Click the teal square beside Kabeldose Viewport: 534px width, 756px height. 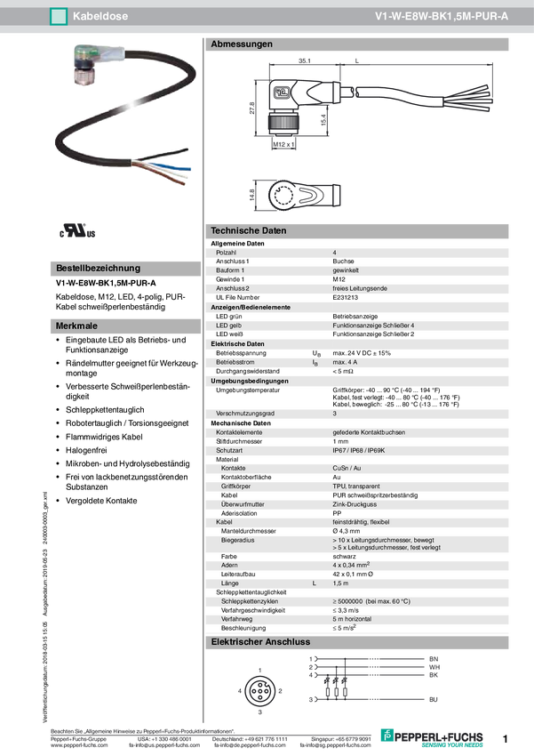[60, 16]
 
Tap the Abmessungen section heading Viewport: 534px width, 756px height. [241, 44]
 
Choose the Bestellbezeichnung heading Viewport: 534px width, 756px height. [98, 268]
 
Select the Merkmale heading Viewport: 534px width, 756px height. [76, 326]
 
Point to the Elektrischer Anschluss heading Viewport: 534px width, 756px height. [259, 641]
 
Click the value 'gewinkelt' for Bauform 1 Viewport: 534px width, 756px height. [346, 269]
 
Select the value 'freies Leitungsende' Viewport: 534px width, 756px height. [359, 288]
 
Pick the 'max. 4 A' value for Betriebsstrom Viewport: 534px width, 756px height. [345, 363]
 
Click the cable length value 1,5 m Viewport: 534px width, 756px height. [340, 583]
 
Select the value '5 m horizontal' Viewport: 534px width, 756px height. [352, 618]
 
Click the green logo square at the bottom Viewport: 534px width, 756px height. [387, 735]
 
